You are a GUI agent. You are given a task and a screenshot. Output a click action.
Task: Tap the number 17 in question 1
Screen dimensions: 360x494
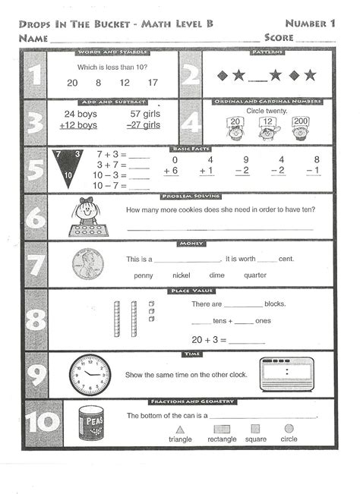[152, 82]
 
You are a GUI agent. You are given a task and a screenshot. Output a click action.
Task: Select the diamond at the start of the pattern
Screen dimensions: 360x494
[223, 76]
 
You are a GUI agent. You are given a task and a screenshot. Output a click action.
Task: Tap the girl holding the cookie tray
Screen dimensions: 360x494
[86, 217]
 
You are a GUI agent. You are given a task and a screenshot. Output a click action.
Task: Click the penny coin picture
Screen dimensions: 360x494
[88, 265]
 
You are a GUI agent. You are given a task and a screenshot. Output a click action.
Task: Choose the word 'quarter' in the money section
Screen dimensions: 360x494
[255, 275]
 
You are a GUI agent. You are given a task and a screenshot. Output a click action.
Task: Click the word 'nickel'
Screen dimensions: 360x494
[182, 275]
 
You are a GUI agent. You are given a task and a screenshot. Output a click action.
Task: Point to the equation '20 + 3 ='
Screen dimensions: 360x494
[216, 340]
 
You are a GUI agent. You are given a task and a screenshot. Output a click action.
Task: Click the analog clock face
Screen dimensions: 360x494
[90, 374]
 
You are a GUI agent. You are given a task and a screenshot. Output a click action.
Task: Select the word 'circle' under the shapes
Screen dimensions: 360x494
[289, 439]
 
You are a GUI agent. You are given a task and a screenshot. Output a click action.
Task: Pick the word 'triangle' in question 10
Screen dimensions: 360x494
[180, 439]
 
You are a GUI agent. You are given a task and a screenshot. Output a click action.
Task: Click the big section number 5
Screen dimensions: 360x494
[35, 168]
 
